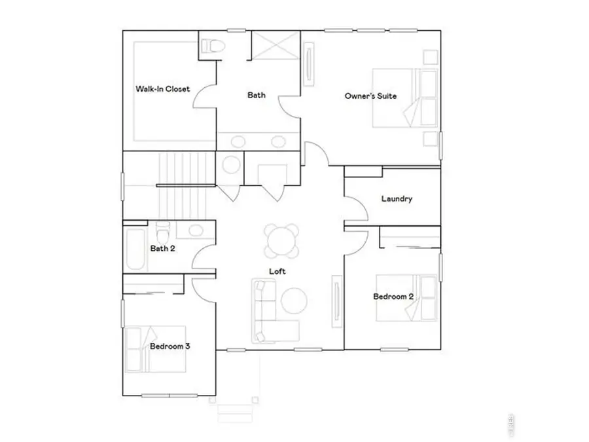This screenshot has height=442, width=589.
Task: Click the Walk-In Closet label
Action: [162, 88]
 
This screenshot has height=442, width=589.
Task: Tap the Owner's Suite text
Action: [370, 96]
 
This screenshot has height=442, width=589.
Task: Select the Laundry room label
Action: [397, 199]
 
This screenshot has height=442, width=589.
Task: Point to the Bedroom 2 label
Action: [393, 297]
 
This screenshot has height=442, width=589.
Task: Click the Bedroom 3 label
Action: [170, 346]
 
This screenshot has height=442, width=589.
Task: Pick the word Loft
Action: [277, 270]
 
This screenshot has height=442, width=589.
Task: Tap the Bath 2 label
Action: [162, 248]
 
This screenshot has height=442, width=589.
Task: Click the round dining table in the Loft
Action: [281, 240]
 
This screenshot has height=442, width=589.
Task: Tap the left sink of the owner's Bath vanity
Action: [239, 141]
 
